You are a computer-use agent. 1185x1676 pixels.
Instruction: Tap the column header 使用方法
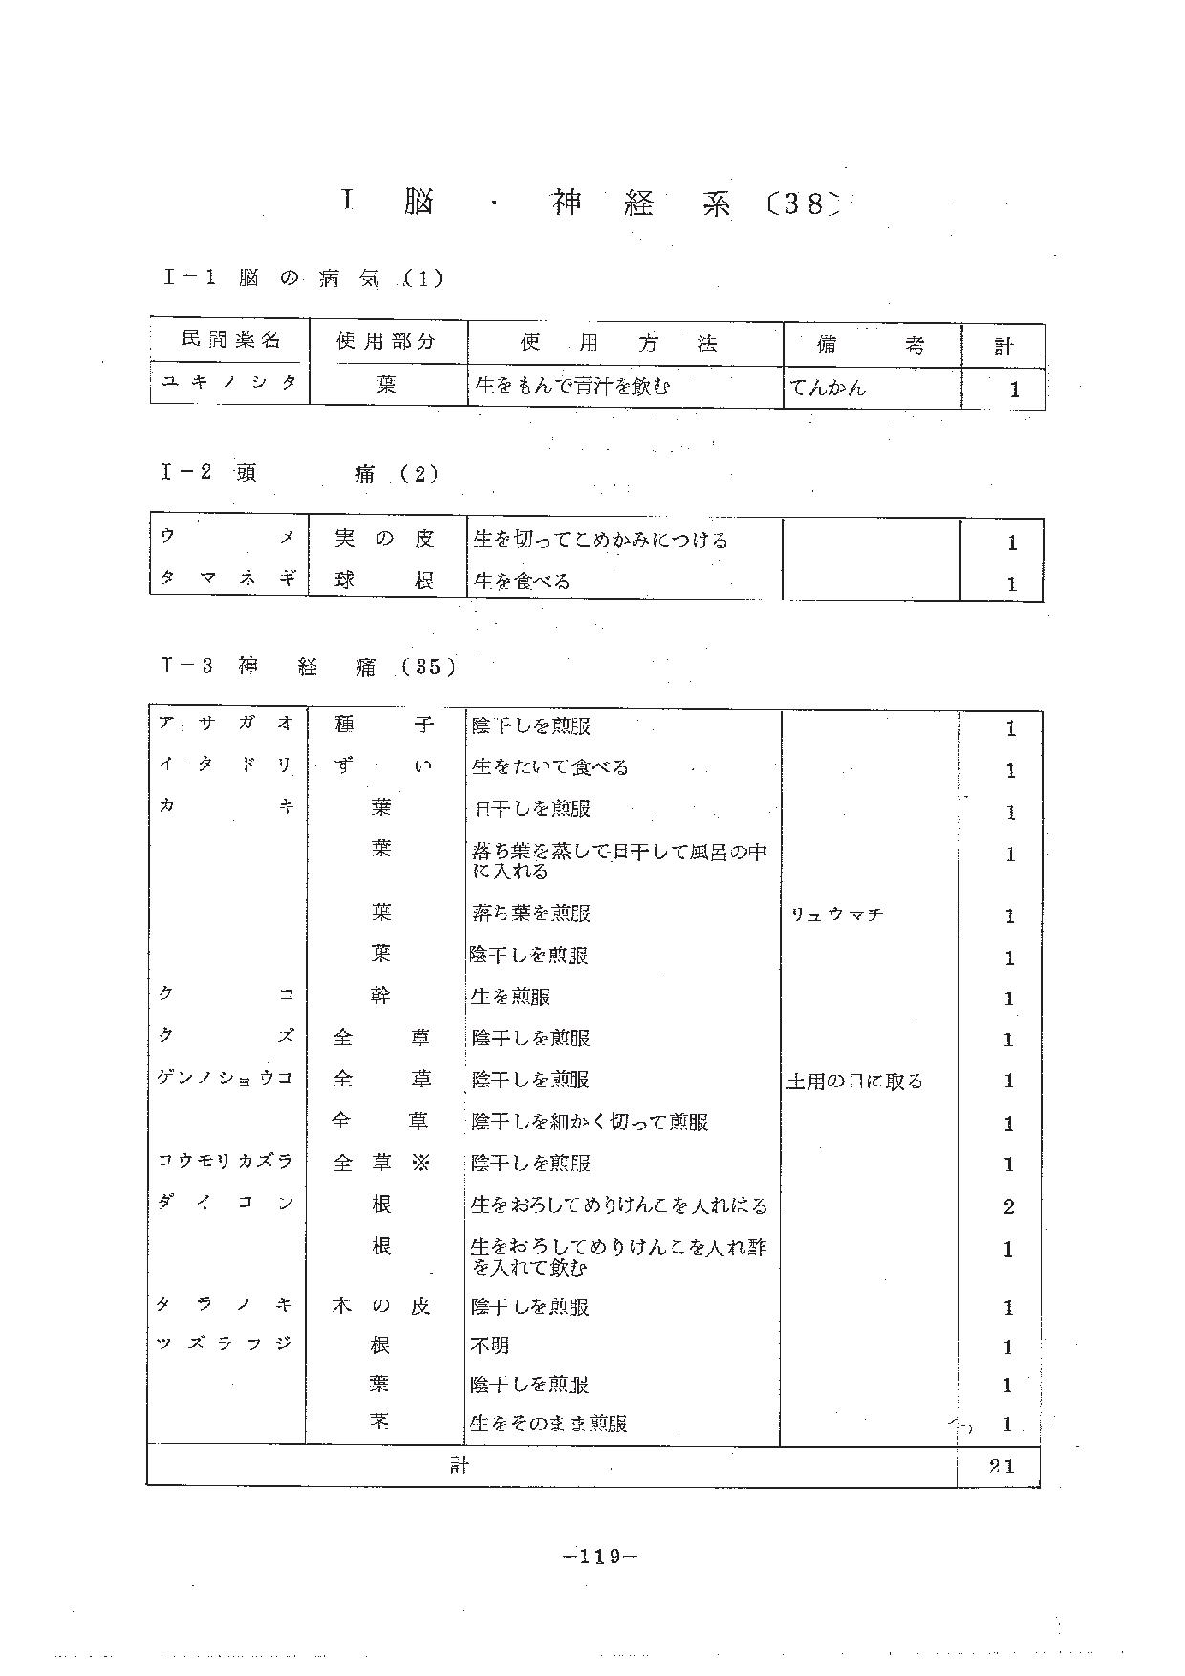618,343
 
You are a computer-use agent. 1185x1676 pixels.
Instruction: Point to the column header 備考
871,344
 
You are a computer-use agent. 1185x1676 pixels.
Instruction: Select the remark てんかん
828,387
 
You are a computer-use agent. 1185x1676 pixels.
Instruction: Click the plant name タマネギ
227,579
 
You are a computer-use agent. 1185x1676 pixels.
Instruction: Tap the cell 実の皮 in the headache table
384,539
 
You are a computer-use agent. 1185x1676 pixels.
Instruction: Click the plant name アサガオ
226,724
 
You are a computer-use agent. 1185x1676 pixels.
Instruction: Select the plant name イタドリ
226,765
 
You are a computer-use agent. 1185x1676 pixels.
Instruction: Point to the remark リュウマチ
836,915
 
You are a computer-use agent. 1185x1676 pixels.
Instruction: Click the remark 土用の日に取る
854,1082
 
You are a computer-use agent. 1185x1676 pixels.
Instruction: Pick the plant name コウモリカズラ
226,1161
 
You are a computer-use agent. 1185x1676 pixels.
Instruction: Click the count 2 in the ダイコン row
1008,1207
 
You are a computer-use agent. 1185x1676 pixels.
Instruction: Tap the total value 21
1002,1466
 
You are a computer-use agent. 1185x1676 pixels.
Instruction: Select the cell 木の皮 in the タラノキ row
381,1305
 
